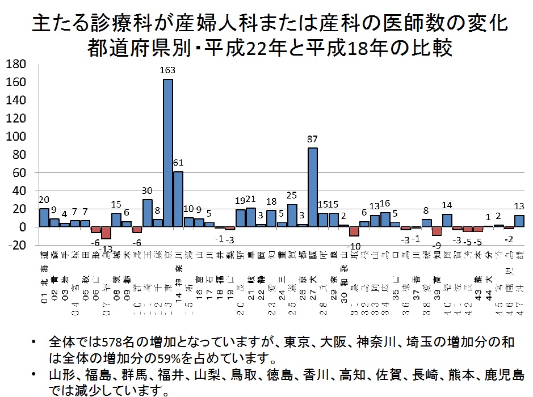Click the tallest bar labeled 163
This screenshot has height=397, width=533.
(x=168, y=153)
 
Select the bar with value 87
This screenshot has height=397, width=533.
(x=312, y=187)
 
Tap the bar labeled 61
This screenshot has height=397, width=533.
(x=178, y=198)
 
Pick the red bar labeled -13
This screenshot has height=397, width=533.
(x=106, y=233)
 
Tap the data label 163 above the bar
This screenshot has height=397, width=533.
(x=168, y=70)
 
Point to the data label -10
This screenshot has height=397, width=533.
(x=354, y=246)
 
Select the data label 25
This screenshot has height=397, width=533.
(x=292, y=195)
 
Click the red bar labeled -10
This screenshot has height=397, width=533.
(x=354, y=231)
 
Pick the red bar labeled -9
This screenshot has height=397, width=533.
(x=437, y=231)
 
